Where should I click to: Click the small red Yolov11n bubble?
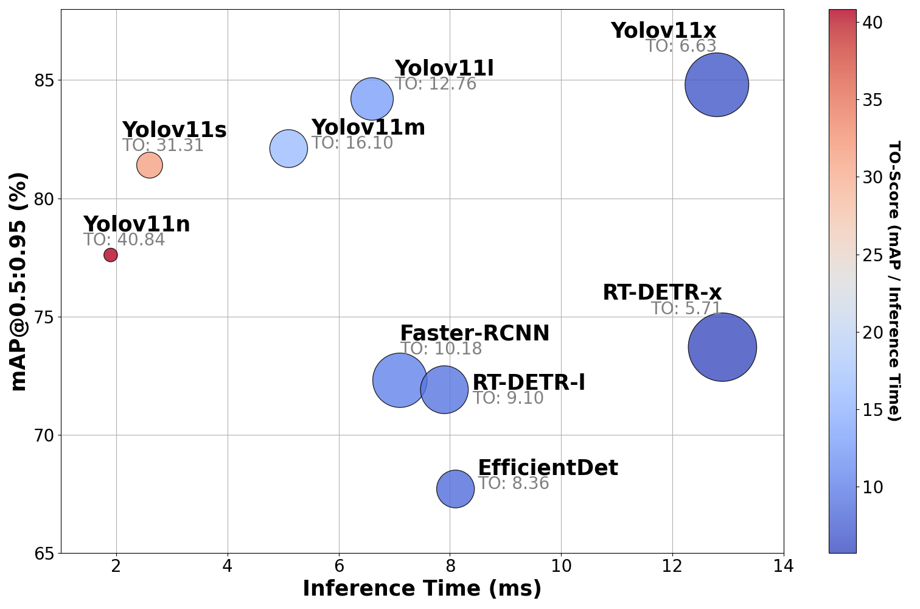click(x=110, y=255)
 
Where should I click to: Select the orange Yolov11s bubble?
click(x=149, y=165)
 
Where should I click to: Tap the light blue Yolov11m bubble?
click(x=288, y=149)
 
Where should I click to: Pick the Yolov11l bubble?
click(x=372, y=99)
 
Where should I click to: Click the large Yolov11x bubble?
click(x=716, y=85)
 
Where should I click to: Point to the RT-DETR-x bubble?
click(x=722, y=347)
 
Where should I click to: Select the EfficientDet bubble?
click(x=455, y=489)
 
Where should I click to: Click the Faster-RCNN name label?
click(x=475, y=334)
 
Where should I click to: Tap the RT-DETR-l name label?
click(x=528, y=382)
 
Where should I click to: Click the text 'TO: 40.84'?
click(x=124, y=240)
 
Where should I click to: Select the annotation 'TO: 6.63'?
click(x=680, y=46)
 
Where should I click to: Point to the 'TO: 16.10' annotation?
click(x=352, y=144)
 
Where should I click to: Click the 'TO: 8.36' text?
click(x=514, y=484)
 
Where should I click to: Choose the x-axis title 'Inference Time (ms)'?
click(x=422, y=589)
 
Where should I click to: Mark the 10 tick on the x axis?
click(x=561, y=566)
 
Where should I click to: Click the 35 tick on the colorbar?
click(x=873, y=100)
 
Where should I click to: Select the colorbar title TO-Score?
click(x=893, y=281)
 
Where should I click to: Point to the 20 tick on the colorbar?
click(x=873, y=333)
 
